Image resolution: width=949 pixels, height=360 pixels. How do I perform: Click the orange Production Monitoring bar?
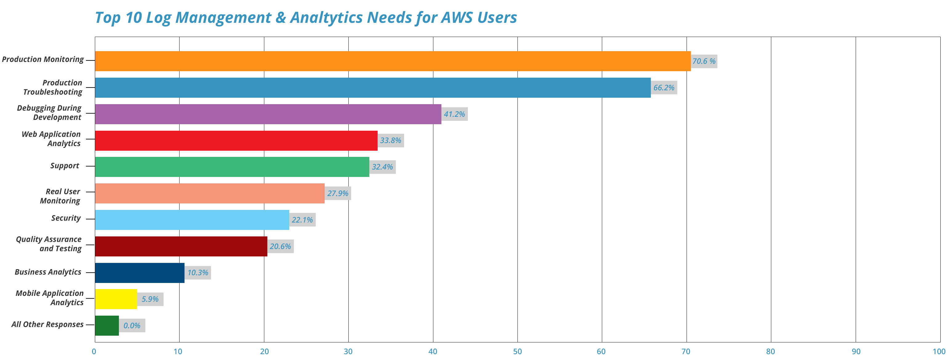tap(393, 61)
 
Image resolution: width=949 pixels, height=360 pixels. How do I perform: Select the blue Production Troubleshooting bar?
tap(373, 88)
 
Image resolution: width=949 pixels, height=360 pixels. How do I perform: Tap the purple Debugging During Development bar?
tap(268, 114)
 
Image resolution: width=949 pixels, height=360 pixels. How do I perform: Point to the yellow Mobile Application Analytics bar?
tap(116, 299)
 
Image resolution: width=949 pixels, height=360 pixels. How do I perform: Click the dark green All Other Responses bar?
tap(107, 326)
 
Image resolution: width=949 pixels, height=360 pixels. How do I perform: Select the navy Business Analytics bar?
tap(140, 273)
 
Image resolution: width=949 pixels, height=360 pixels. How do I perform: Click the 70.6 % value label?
tap(704, 61)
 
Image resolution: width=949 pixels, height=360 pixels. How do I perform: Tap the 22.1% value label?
tap(302, 220)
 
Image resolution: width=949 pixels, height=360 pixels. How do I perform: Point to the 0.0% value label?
tap(132, 326)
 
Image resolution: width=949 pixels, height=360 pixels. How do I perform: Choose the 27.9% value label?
tap(338, 194)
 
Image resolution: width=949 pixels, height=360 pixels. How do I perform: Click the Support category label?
tap(65, 166)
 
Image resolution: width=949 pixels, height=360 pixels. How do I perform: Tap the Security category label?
tap(66, 218)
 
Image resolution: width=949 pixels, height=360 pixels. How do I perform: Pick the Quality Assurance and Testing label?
tap(49, 244)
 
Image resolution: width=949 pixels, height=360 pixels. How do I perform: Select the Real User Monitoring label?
tap(60, 196)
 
